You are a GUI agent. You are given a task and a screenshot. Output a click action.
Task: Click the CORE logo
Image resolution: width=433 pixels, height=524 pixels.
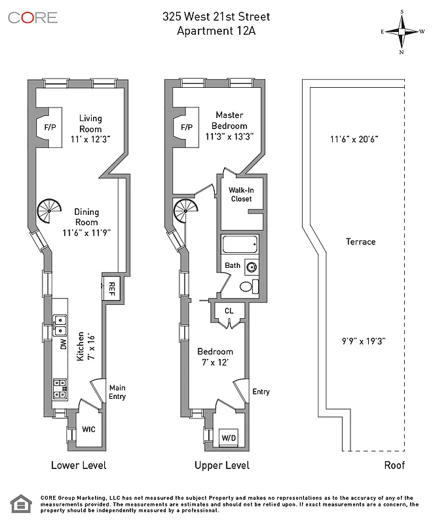[33, 18]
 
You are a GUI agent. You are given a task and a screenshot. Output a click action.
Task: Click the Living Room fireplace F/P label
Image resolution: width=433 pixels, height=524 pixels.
[50, 127]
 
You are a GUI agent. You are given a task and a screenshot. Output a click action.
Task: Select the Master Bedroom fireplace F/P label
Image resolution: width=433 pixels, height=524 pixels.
[186, 127]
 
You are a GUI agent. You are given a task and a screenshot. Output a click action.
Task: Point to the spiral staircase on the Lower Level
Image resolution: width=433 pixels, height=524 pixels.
[48, 211]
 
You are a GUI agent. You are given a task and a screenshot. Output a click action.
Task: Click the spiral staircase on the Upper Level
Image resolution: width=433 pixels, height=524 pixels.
[185, 212]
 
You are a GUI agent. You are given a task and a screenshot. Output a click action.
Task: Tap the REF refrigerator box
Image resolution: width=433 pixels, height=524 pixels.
[111, 287]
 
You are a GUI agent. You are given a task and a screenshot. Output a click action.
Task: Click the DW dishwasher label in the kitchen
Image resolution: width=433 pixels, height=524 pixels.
[64, 344]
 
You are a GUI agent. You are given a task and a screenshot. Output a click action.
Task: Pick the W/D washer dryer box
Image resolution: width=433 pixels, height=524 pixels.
[229, 437]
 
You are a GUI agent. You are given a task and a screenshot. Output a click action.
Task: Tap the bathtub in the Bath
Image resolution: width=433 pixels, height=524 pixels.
[240, 246]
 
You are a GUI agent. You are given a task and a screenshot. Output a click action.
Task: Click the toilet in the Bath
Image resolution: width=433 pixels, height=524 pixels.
[248, 286]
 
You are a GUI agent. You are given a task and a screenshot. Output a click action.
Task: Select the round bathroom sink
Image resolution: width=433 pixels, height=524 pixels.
[251, 266]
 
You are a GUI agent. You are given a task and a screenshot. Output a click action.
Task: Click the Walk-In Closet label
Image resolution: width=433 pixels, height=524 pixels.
[240, 195]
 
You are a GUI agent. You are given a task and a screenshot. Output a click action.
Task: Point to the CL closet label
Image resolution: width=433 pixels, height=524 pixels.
[229, 311]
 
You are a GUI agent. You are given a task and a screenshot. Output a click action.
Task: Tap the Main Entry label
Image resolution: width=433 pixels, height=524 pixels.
[117, 392]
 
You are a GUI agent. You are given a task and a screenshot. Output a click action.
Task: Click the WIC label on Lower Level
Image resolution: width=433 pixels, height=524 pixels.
[89, 430]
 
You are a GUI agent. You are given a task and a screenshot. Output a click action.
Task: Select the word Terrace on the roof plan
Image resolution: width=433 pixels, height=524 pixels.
[360, 242]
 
